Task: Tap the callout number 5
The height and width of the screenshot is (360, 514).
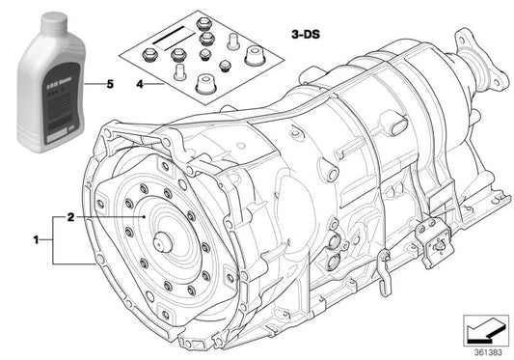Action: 109,85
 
